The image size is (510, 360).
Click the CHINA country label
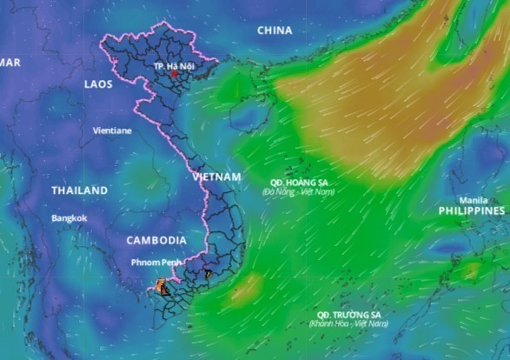click(x=275, y=31)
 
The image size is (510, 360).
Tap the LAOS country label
click(x=99, y=84)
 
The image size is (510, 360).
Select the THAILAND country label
click(x=80, y=190)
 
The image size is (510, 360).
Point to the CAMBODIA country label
click(x=156, y=240)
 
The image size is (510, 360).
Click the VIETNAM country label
click(x=215, y=177)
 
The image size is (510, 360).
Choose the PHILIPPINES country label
click(x=471, y=211)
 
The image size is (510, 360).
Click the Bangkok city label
click(x=70, y=218)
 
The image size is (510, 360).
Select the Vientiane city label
click(x=113, y=130)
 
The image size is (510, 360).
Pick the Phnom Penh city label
click(x=156, y=262)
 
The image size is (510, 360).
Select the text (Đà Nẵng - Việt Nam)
click(x=299, y=191)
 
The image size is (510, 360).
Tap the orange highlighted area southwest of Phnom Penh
click(x=161, y=285)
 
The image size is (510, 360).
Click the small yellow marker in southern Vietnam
click(x=208, y=273)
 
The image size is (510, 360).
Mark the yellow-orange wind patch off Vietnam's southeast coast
click(x=247, y=286)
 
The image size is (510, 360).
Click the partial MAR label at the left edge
click(x=10, y=63)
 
